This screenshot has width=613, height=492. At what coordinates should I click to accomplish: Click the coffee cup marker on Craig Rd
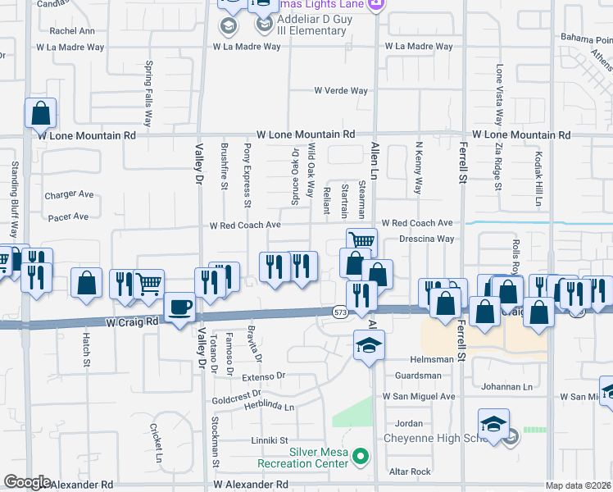pyautogui.click(x=180, y=308)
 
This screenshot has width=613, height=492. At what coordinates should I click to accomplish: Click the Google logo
pyautogui.click(x=27, y=482)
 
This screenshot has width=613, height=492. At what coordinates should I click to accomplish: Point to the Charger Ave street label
pyautogui.click(x=69, y=195)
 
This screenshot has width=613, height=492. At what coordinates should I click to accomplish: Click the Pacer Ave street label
pyautogui.click(x=68, y=216)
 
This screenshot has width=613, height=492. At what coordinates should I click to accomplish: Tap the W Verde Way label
pyautogui.click(x=341, y=91)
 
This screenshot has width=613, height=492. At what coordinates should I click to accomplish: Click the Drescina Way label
pyautogui.click(x=426, y=239)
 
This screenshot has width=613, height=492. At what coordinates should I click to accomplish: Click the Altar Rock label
pyautogui.click(x=410, y=471)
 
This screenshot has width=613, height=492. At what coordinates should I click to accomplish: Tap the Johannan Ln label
pyautogui.click(x=506, y=387)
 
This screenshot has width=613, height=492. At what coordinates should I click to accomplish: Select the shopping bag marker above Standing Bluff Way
pyautogui.click(x=39, y=113)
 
